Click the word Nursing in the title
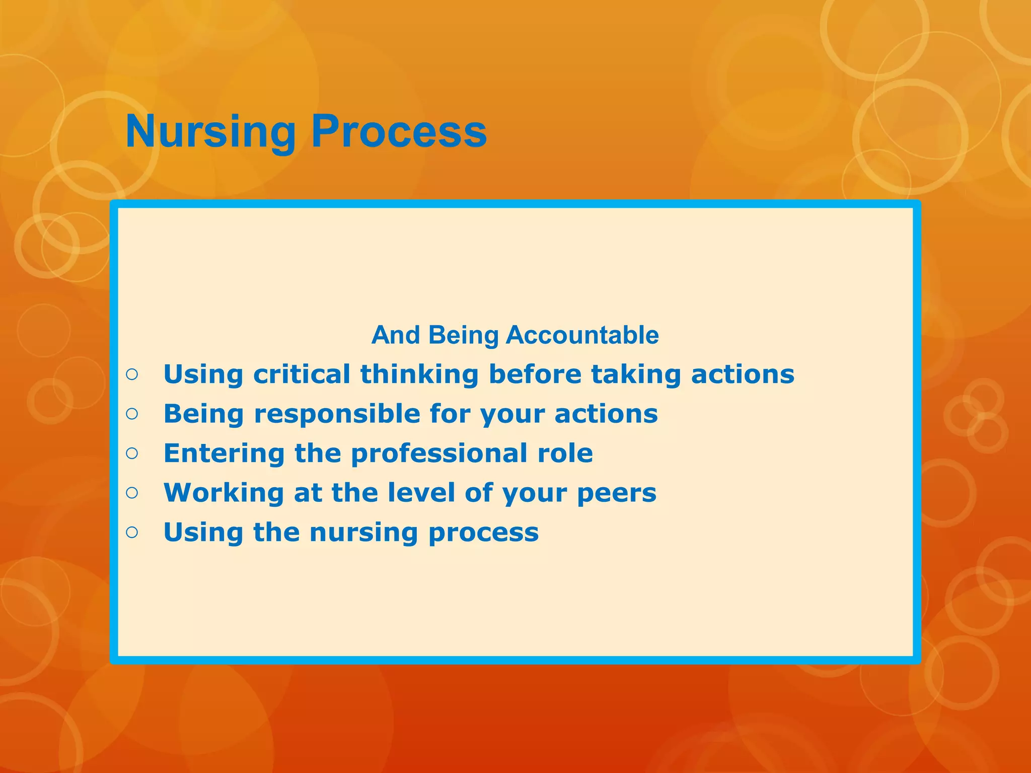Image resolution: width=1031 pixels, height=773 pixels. click(210, 132)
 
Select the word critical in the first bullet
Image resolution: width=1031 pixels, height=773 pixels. click(302, 374)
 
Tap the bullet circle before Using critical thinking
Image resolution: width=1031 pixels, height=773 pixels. click(132, 374)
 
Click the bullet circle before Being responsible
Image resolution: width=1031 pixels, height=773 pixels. click(132, 414)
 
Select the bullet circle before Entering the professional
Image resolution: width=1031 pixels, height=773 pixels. click(132, 453)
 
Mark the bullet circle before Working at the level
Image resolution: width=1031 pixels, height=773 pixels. click(132, 493)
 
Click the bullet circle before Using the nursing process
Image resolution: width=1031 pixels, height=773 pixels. click(132, 532)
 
